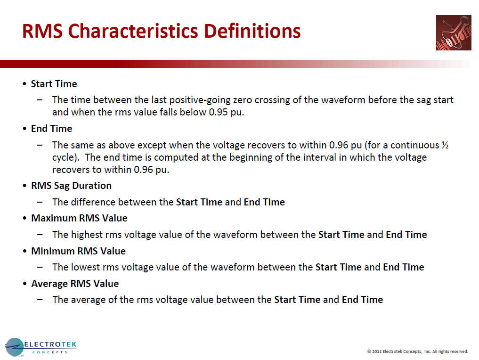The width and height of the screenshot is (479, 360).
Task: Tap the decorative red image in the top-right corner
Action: click(x=453, y=33)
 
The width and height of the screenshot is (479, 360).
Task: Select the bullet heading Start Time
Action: click(x=54, y=84)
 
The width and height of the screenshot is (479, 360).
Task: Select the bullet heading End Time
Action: click(x=51, y=129)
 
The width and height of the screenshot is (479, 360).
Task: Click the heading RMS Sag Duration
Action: click(x=71, y=186)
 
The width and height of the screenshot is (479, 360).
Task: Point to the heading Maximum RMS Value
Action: click(x=79, y=218)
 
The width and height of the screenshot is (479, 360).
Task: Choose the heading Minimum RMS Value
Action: click(x=78, y=251)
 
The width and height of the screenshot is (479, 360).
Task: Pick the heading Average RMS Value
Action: click(x=75, y=284)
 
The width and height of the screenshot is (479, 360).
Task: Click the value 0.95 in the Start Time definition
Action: click(x=219, y=112)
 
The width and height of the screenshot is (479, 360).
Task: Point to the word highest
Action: click(x=89, y=235)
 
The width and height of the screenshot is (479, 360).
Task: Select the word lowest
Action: click(x=87, y=267)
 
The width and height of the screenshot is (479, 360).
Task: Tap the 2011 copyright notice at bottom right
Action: click(x=417, y=351)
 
